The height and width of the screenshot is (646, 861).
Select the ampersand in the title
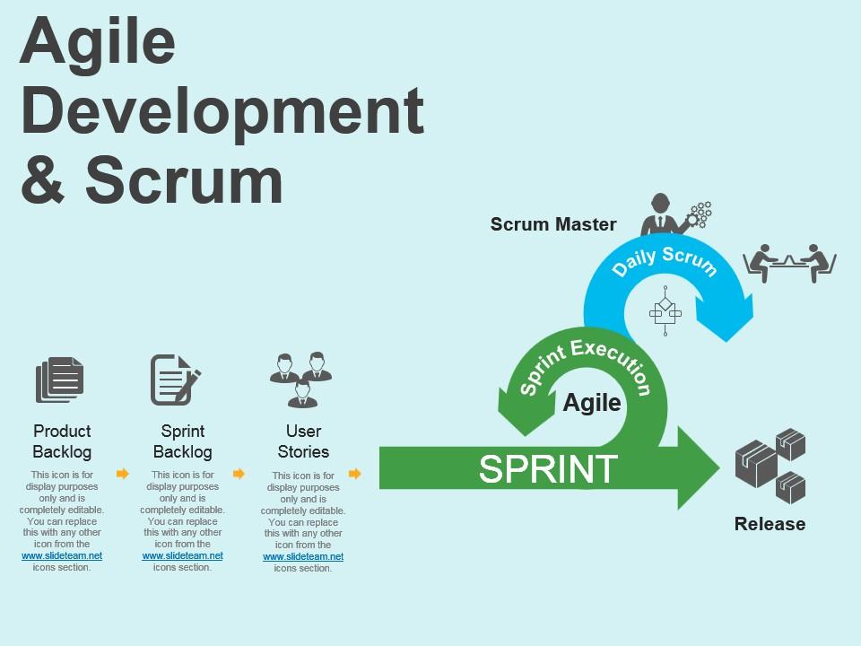pyautogui.click(x=43, y=179)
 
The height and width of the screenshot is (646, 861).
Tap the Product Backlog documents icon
pyautogui.click(x=60, y=380)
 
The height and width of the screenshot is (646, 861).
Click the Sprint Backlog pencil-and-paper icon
pyautogui.click(x=175, y=380)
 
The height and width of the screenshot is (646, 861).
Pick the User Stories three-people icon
pyautogui.click(x=301, y=379)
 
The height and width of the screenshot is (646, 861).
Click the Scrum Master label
pyautogui.click(x=553, y=224)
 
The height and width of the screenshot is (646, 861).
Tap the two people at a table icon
pyautogui.click(x=789, y=262)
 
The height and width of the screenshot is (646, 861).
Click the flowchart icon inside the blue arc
pyautogui.click(x=665, y=311)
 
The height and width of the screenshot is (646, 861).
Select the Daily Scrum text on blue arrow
pyautogui.click(x=665, y=260)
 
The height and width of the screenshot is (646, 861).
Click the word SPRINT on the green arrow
pyautogui.click(x=548, y=468)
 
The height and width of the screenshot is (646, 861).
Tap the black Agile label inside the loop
pyautogui.click(x=592, y=403)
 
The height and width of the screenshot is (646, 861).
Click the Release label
pyautogui.click(x=770, y=524)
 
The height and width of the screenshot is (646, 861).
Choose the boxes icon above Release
pyautogui.click(x=770, y=465)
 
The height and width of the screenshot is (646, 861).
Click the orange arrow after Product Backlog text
pyautogui.click(x=123, y=473)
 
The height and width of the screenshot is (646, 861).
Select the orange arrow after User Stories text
pyautogui.click(x=355, y=473)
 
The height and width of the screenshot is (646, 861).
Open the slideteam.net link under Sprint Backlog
pyautogui.click(x=182, y=555)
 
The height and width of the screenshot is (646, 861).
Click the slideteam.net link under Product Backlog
pyautogui.click(x=62, y=555)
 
